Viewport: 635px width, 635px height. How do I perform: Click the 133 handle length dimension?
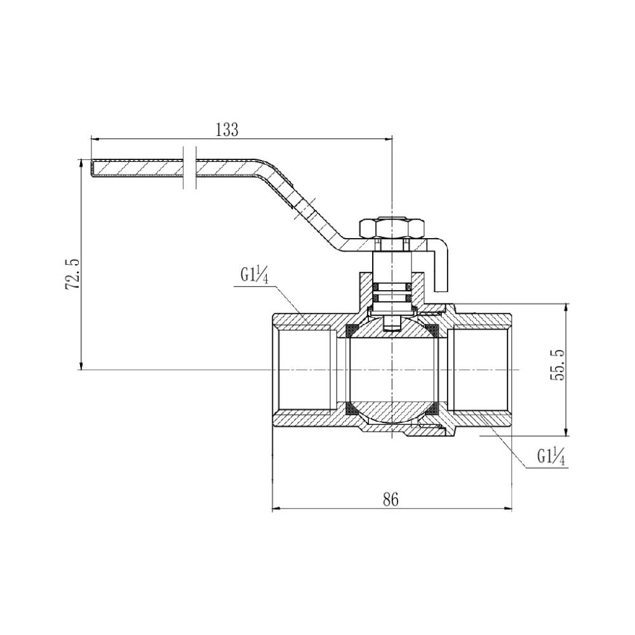(x=227, y=130)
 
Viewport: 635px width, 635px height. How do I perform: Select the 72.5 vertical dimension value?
(x=72, y=275)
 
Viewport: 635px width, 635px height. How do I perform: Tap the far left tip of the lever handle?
(x=93, y=168)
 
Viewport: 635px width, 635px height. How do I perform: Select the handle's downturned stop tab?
(x=445, y=267)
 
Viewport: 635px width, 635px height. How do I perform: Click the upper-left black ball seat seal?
(x=350, y=331)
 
